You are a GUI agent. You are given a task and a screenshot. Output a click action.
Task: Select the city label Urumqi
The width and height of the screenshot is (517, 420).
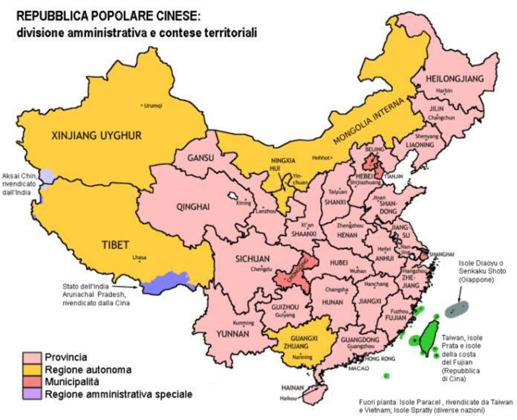[x=152, y=106]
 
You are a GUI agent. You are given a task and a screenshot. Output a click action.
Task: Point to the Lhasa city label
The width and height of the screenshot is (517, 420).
[x=139, y=258]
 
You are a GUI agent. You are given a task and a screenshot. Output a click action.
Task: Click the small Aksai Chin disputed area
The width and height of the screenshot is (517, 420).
[x=46, y=176]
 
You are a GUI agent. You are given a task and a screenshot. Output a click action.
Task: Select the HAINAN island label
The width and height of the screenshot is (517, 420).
[x=296, y=388]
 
